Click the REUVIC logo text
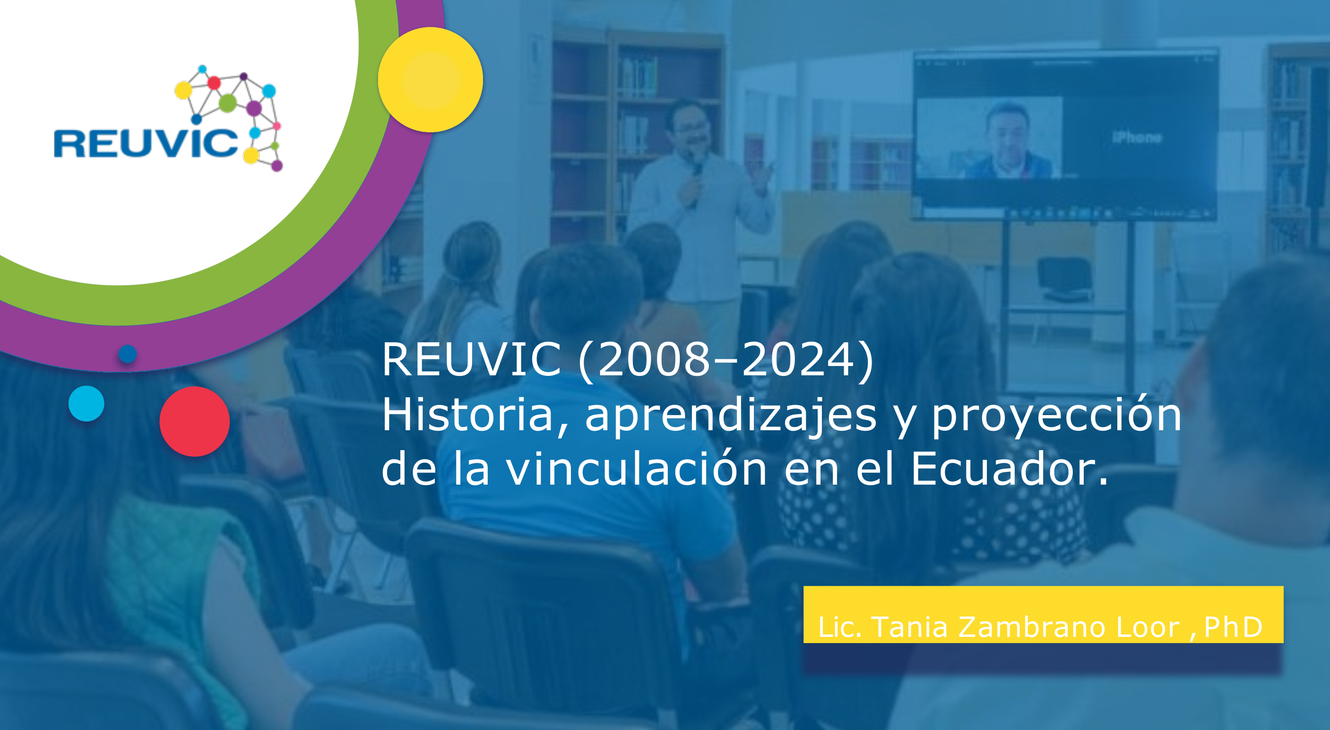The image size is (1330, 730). pos(146,143)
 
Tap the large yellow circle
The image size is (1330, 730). pos(431,79)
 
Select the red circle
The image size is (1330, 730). pos(195,421)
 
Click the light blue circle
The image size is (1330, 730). pos(86,403)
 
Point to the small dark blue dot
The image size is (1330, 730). pos(128,354)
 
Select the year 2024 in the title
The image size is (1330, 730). pos(797,360)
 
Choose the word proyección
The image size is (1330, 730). pos(1057,417)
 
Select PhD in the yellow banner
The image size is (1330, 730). pos(1233,627)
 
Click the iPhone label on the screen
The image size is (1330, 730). pos(1137,138)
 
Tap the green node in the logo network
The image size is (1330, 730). pos(228,103)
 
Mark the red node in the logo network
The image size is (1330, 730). pos(214,83)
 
